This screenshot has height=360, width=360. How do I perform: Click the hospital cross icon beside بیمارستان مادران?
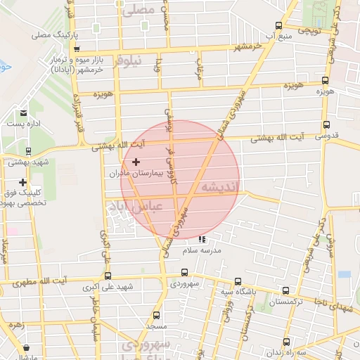(x=136, y=162)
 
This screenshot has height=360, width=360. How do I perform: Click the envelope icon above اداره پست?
(x=24, y=112)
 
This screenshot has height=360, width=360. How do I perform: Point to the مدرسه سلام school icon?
(x=202, y=239)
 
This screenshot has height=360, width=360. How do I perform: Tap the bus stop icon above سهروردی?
(x=184, y=274)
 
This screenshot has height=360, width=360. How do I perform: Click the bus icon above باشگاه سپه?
(x=237, y=280)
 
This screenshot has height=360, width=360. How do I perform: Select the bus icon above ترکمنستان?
(x=285, y=290)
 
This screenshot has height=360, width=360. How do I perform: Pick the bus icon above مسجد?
(x=155, y=316)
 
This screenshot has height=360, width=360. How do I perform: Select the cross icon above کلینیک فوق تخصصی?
(x=23, y=182)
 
